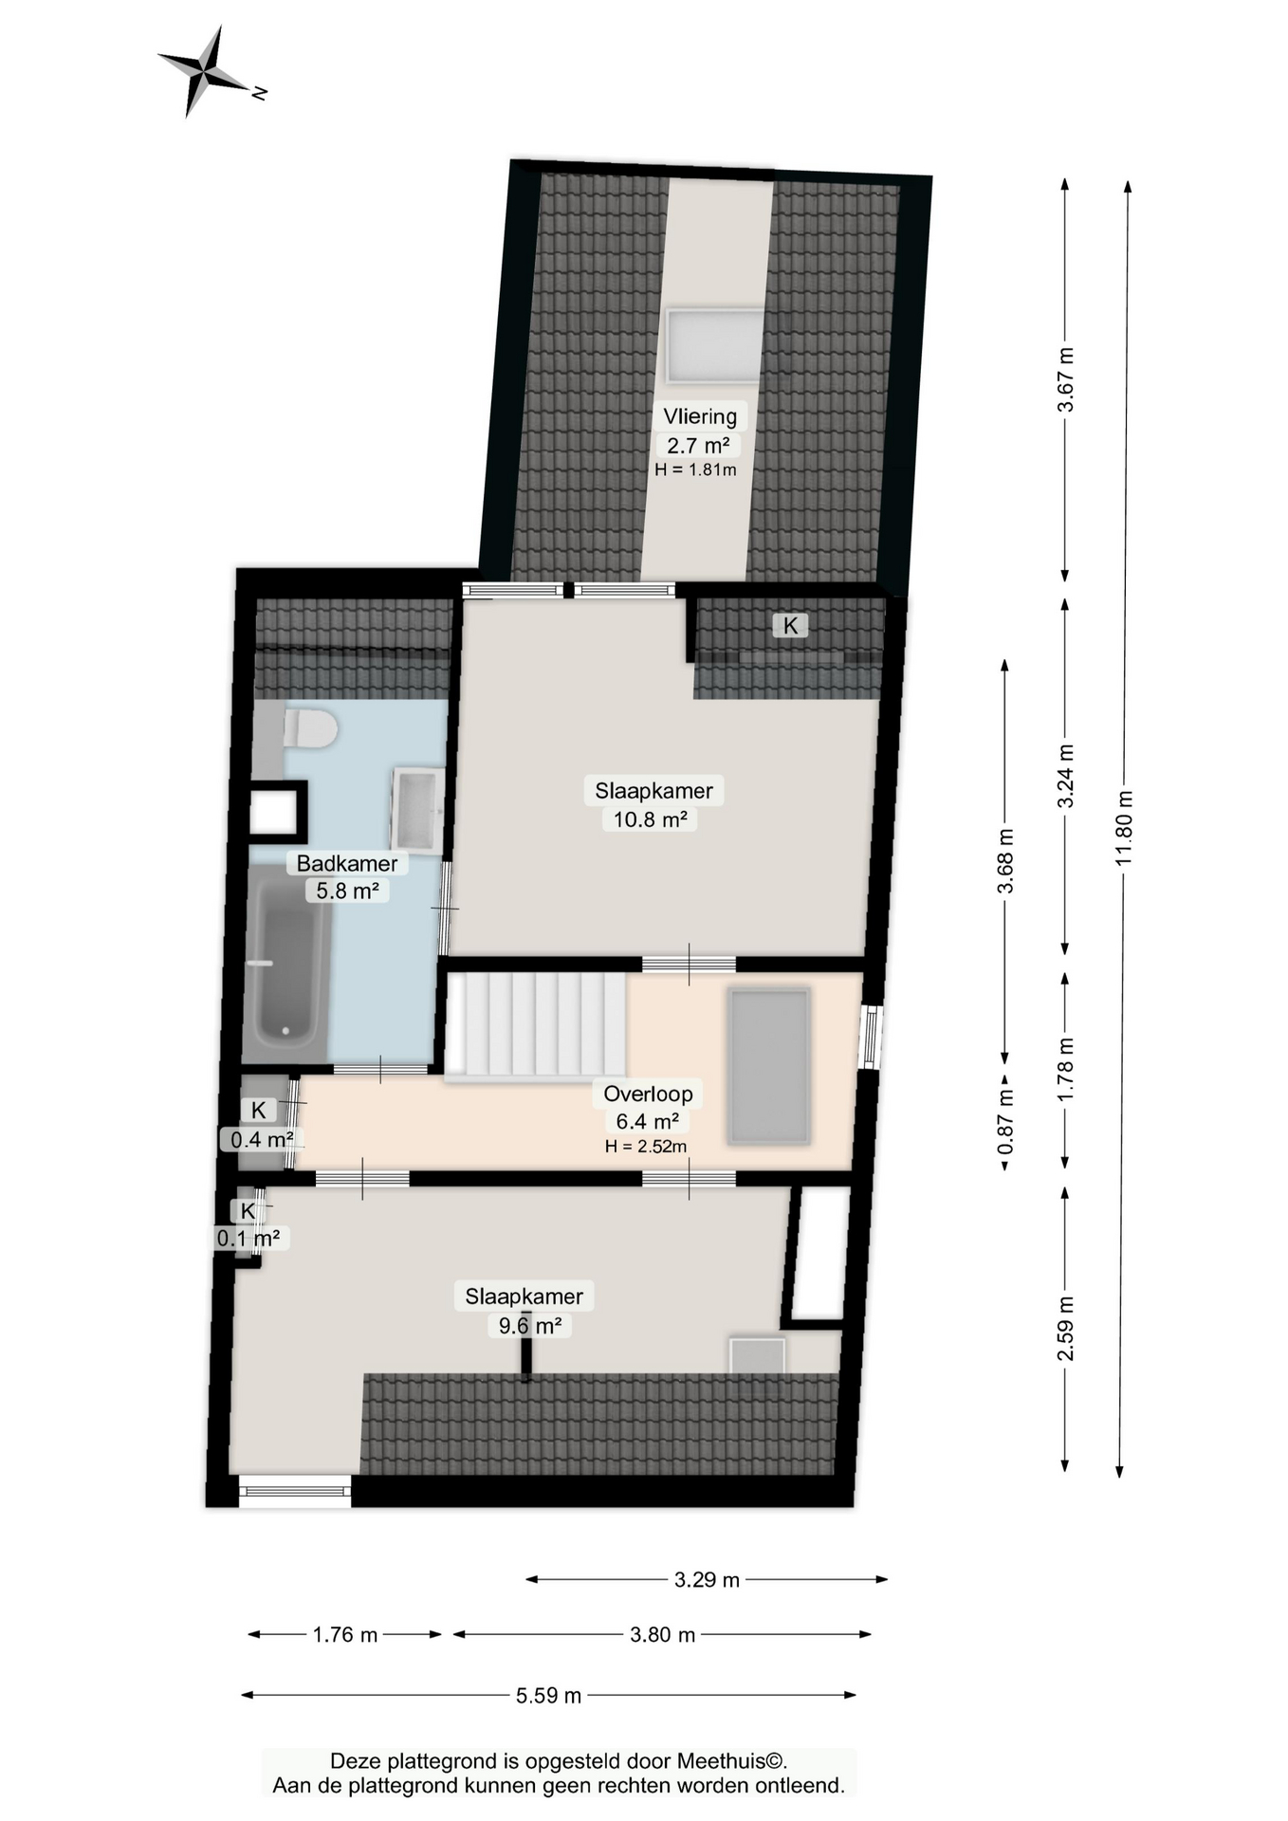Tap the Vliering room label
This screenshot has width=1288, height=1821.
click(x=700, y=415)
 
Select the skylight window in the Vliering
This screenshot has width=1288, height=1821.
click(x=715, y=345)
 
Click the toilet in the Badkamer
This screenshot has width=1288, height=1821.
click(x=310, y=728)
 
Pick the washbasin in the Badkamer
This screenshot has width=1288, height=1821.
click(x=416, y=810)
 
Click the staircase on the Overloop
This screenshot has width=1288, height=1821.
click(x=536, y=1025)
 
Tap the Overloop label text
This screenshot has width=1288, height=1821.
click(x=648, y=1094)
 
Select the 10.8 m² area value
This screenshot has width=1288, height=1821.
click(x=650, y=819)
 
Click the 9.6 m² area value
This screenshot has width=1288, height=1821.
click(x=530, y=1325)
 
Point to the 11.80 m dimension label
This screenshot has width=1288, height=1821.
click(x=1124, y=828)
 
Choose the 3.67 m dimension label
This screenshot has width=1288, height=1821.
click(x=1066, y=379)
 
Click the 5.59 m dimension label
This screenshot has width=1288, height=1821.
click(x=549, y=1695)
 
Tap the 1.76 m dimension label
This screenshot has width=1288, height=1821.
click(x=345, y=1634)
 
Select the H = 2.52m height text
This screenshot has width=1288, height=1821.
click(x=646, y=1146)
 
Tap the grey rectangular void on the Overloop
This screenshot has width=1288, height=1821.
click(x=769, y=1066)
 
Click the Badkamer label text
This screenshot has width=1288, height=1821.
click(x=347, y=863)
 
